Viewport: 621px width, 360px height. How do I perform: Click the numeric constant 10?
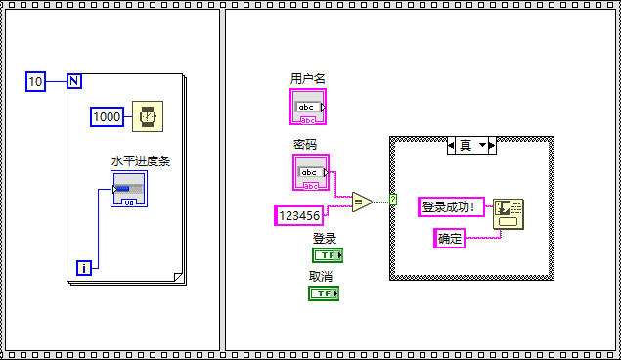36,81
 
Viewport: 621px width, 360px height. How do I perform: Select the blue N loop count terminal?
73,81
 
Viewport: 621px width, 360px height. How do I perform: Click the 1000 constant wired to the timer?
107,116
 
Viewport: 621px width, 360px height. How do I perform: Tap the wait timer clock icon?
148,116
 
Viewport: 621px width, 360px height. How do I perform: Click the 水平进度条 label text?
140,161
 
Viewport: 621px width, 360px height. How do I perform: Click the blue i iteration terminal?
84,267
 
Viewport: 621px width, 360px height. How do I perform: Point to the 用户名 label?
308,78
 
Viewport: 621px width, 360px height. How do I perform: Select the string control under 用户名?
308,107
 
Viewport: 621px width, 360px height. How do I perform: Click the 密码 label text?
305,144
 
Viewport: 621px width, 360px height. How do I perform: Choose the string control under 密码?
310,172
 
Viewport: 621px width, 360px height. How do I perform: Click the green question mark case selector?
392,200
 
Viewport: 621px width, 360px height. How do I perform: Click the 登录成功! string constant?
451,206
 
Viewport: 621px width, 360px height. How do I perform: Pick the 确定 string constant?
450,237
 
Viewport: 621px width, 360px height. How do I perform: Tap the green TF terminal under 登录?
327,255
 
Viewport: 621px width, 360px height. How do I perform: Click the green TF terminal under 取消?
324,292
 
